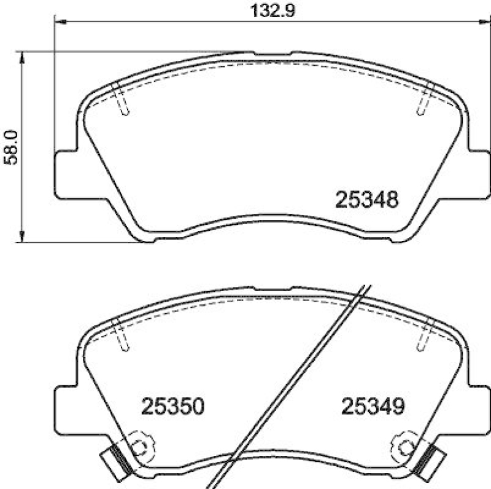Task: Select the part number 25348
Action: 367,199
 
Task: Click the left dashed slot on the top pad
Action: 122,98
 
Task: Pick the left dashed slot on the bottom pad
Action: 122,336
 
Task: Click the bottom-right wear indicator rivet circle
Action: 404,446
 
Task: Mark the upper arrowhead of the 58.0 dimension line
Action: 23,57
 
